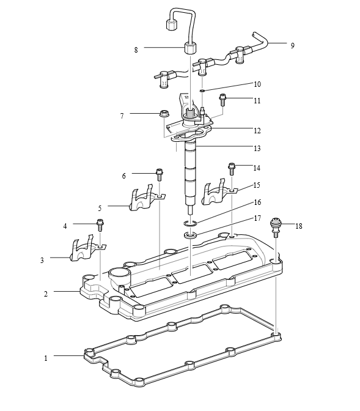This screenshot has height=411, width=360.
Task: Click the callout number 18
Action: coord(298,226)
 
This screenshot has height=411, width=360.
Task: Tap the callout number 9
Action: coord(292,45)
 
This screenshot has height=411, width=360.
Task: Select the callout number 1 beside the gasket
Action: coord(46,358)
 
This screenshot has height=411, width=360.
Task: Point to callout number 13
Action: coord(257,149)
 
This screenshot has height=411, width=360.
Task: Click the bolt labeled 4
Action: coord(100,226)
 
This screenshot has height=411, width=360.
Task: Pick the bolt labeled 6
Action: coord(159,175)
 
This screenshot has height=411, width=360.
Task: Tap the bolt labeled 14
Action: coord(232,169)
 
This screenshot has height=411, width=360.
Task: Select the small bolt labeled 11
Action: coord(222,100)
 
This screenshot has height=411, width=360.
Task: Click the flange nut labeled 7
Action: coord(164,114)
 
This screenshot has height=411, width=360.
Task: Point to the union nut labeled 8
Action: coord(190,48)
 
